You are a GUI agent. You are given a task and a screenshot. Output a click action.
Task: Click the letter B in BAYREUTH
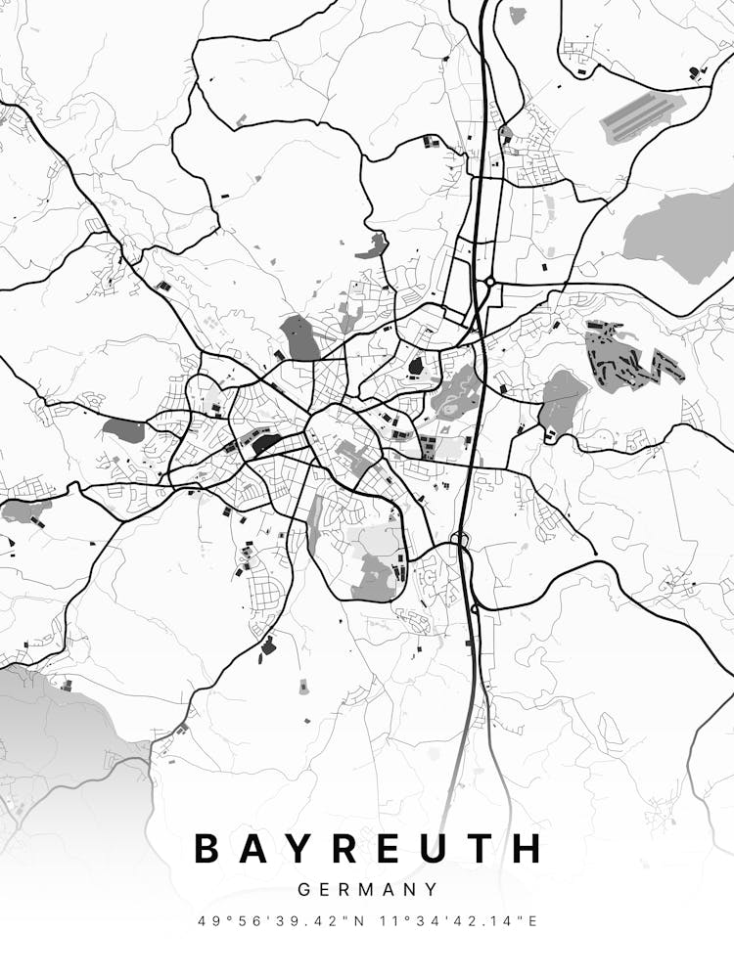click(x=208, y=848)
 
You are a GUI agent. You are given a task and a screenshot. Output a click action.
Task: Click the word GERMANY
click(x=367, y=890)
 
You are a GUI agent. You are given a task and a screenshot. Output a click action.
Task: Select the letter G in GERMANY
click(x=303, y=890)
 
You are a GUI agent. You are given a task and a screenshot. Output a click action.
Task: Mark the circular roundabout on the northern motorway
click(x=488, y=282)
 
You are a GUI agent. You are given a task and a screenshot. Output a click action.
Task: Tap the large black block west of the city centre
click(x=265, y=445)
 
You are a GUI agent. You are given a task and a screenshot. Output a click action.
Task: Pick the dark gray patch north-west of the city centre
click(x=299, y=337)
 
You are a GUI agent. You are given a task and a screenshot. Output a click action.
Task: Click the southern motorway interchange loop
click(x=459, y=539)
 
